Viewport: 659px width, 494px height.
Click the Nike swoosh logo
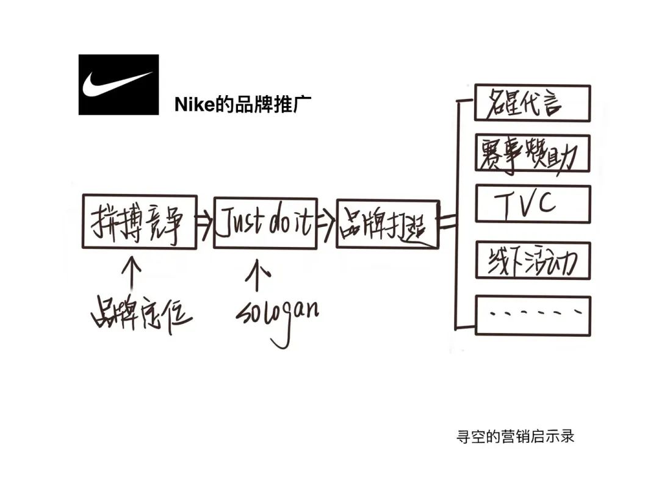pyautogui.click(x=118, y=84)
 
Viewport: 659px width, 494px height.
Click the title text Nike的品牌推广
pyautogui.click(x=243, y=104)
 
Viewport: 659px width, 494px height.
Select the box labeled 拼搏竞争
pyautogui.click(x=139, y=221)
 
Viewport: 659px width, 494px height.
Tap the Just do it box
pyautogui.click(x=265, y=223)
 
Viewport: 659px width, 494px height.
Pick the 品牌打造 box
pyautogui.click(x=387, y=224)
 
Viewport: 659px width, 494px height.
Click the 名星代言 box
pyautogui.click(x=533, y=103)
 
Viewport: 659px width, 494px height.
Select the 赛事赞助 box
pyautogui.click(x=533, y=153)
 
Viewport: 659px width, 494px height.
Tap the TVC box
pyautogui.click(x=533, y=204)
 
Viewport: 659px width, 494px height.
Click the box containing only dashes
pyautogui.click(x=533, y=315)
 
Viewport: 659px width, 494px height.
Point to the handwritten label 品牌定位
pyautogui.click(x=141, y=311)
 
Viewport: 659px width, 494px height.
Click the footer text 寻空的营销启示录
pyautogui.click(x=515, y=437)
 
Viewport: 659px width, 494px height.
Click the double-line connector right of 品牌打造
pyautogui.click(x=448, y=223)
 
